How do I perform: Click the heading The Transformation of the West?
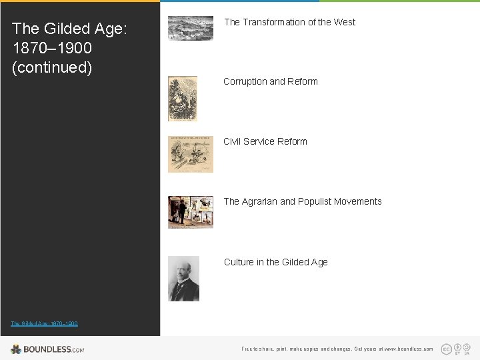[x=289, y=22]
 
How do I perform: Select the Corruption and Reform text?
[x=270, y=81]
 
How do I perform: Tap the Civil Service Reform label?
[x=265, y=141]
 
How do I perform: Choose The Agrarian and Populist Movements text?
[x=302, y=201]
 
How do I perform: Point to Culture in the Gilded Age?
[x=275, y=262]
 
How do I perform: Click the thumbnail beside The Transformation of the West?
[x=190, y=28]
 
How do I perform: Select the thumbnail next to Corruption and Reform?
[x=182, y=98]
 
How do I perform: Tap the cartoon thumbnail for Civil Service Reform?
[x=190, y=154]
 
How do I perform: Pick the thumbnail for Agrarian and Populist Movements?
[x=190, y=212]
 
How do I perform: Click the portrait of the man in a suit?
[x=183, y=278]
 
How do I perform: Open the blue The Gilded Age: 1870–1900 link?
[x=44, y=323]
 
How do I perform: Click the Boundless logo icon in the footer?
[x=16, y=349]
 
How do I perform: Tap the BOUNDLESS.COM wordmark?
[x=53, y=349]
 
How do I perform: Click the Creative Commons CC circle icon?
[x=446, y=349]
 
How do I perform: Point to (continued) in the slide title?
[x=52, y=67]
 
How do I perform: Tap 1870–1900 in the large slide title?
[x=52, y=48]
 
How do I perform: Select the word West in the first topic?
[x=345, y=22]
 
